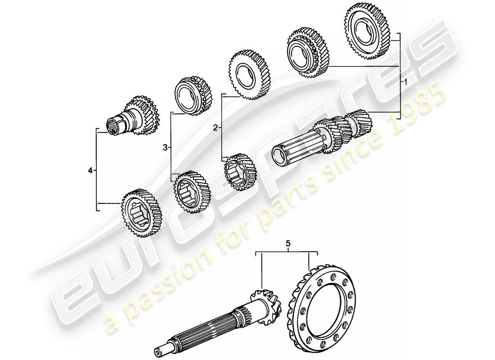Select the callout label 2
[216, 128]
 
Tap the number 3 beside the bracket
[165, 147]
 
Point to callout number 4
[91, 170]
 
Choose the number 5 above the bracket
[288, 244]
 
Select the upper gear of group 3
[193, 96]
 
